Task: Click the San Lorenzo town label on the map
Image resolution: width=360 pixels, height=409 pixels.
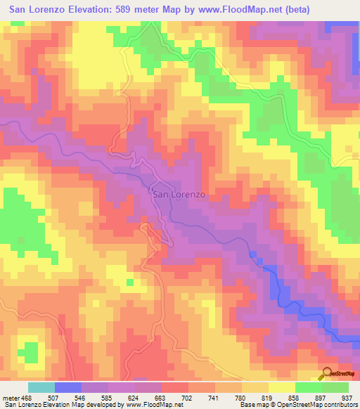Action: (178, 195)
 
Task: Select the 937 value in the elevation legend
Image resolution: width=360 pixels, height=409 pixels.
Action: (348, 397)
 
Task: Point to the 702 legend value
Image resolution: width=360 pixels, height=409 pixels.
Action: (188, 397)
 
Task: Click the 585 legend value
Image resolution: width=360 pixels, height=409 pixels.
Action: (108, 397)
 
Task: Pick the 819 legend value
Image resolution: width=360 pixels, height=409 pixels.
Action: (268, 397)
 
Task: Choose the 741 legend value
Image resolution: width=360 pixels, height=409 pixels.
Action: (214, 397)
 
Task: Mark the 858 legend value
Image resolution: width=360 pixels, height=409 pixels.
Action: (295, 397)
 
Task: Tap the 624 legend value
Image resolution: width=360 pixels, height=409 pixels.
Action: (134, 397)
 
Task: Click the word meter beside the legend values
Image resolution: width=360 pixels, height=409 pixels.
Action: (11, 397)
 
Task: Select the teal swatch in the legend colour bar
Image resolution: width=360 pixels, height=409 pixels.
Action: (41, 387)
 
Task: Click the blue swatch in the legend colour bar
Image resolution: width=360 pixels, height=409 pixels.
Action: (68, 387)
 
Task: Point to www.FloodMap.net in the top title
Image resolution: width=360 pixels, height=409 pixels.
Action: (241, 8)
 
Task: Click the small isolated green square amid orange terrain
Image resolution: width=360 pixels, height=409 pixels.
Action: (129, 283)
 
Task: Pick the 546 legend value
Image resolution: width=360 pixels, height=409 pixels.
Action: (81, 397)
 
